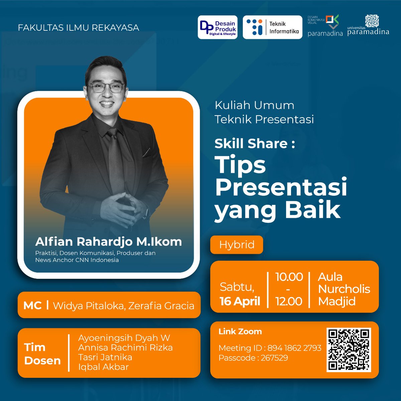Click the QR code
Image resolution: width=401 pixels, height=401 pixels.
point(349,350)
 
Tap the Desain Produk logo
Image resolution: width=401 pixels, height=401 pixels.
point(218,27)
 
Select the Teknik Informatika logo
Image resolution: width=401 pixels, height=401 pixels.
point(272,27)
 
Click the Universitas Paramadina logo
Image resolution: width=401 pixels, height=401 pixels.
point(368,26)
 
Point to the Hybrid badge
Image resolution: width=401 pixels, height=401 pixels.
point(237,245)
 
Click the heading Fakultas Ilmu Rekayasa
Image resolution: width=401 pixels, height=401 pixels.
point(79,27)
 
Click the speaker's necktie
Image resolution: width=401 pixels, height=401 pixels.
point(115,160)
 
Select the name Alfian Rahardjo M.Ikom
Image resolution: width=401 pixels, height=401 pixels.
point(109,241)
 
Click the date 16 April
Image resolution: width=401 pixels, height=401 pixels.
point(240,301)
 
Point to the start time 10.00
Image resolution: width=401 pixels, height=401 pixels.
point(289,277)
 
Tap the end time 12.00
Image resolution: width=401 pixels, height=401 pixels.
point(289,301)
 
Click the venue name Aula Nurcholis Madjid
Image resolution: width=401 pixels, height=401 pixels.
point(344,289)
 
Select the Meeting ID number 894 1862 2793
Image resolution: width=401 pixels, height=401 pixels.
point(294,348)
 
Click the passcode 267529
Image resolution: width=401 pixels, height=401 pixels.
point(274,358)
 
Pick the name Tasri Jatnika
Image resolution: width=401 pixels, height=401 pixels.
point(105,357)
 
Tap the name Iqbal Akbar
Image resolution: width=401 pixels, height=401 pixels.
point(103,367)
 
